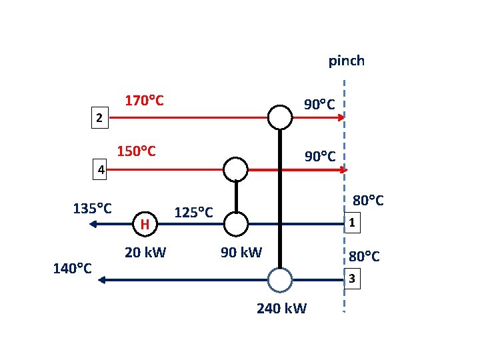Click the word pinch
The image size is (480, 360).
(x=346, y=61)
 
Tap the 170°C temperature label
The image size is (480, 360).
(x=145, y=101)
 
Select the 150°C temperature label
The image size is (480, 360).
(x=137, y=151)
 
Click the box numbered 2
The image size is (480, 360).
(x=99, y=119)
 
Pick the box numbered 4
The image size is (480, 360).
(x=99, y=170)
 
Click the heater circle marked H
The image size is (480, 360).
(x=145, y=224)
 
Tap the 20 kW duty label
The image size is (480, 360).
(x=145, y=253)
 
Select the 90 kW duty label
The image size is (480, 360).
(x=241, y=253)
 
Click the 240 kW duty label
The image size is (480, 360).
(x=281, y=308)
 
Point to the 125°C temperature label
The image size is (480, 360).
(x=193, y=213)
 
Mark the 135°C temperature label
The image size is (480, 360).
(x=92, y=207)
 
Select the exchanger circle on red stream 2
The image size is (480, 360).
(x=280, y=117)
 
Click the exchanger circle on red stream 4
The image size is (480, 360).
(x=235, y=169)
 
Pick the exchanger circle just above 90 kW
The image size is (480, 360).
(x=235, y=224)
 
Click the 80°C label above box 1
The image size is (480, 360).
(x=368, y=200)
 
